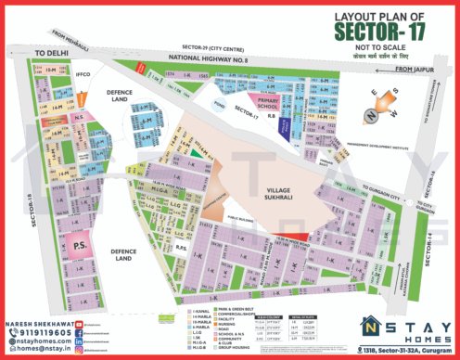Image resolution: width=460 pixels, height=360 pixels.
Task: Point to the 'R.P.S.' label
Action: tap(183, 249)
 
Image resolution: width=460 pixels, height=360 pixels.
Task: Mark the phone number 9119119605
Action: tap(35, 329)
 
